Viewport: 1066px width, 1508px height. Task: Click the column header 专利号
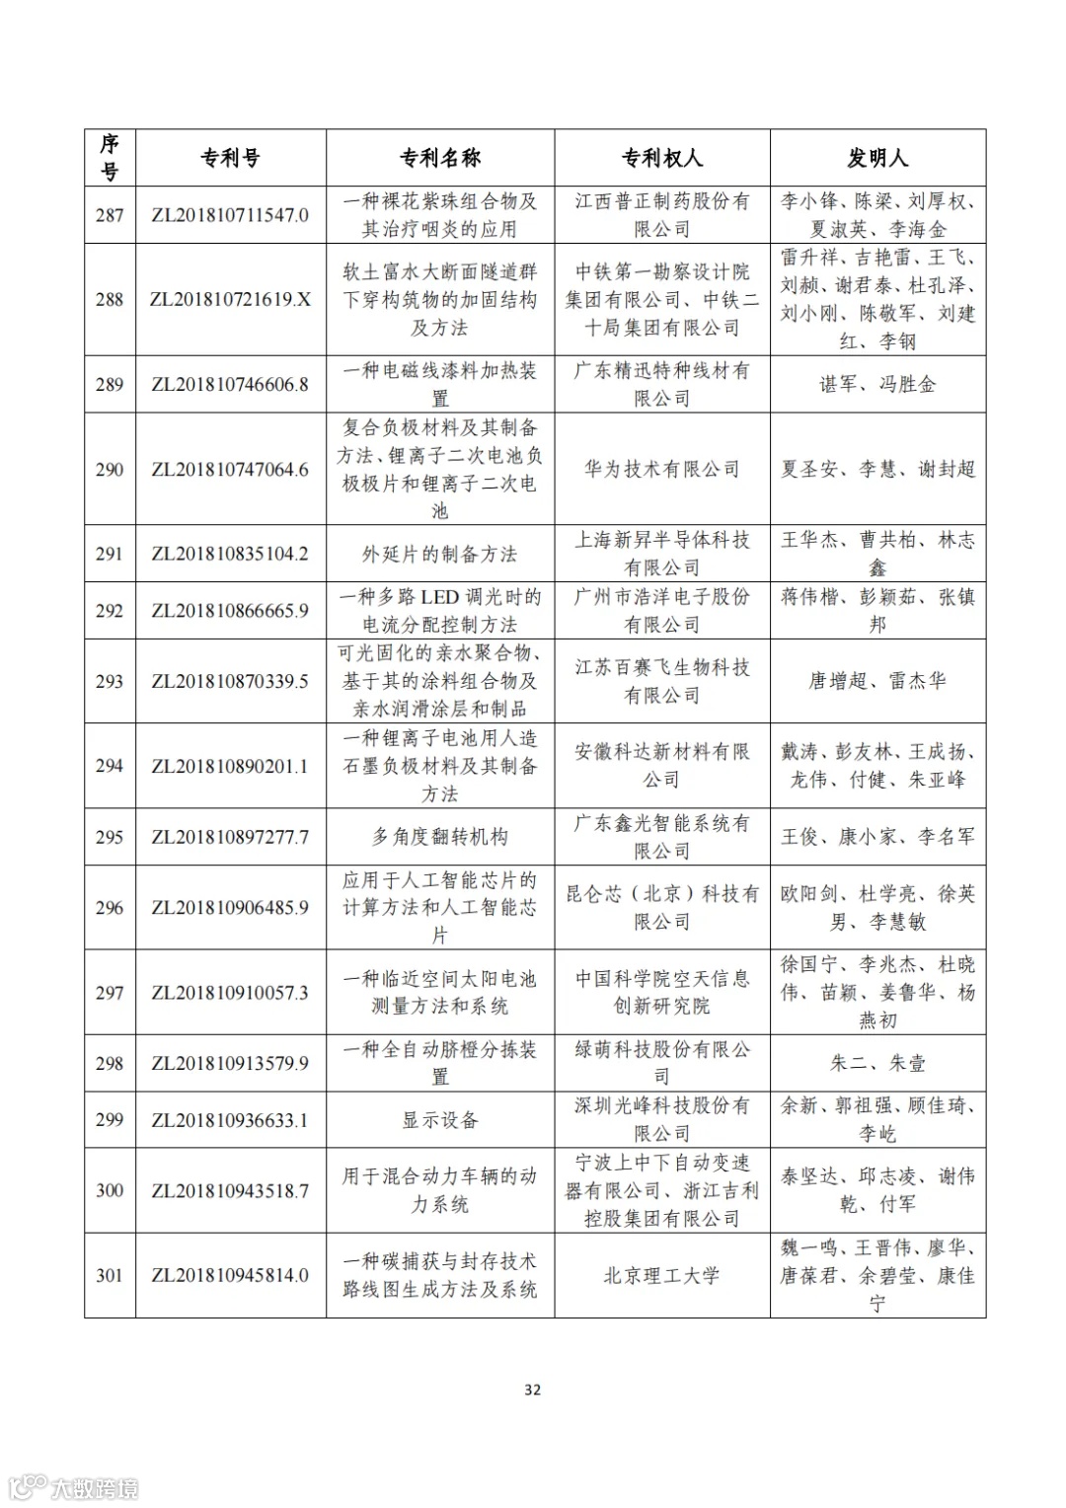click(230, 158)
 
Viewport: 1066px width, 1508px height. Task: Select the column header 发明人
click(877, 158)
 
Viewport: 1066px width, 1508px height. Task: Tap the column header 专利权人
click(661, 158)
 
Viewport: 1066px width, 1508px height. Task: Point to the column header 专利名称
click(439, 158)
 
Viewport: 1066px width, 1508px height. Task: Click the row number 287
click(110, 215)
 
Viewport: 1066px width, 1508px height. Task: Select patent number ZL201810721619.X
click(230, 299)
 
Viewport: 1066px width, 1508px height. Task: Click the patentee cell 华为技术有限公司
click(661, 469)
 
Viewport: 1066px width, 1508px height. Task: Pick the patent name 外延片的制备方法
click(439, 554)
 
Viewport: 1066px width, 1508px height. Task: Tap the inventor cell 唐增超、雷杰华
click(877, 681)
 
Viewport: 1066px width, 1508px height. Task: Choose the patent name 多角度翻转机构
click(439, 837)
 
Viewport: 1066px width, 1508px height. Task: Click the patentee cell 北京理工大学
click(661, 1275)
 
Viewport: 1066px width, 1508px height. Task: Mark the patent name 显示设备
click(439, 1120)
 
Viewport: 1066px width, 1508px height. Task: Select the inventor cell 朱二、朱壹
click(877, 1063)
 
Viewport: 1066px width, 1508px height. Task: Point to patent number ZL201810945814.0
click(230, 1275)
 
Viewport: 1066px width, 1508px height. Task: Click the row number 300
click(110, 1190)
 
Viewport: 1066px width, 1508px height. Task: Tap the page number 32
click(532, 1390)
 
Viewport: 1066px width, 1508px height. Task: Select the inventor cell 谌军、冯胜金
click(877, 384)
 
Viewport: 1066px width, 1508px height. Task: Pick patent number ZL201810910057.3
click(230, 992)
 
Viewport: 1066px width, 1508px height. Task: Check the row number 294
click(110, 766)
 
